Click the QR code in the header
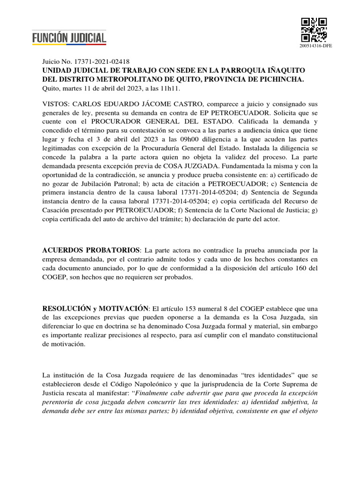[314, 30]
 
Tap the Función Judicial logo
[69, 37]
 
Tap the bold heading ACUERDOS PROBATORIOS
[91, 249]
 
